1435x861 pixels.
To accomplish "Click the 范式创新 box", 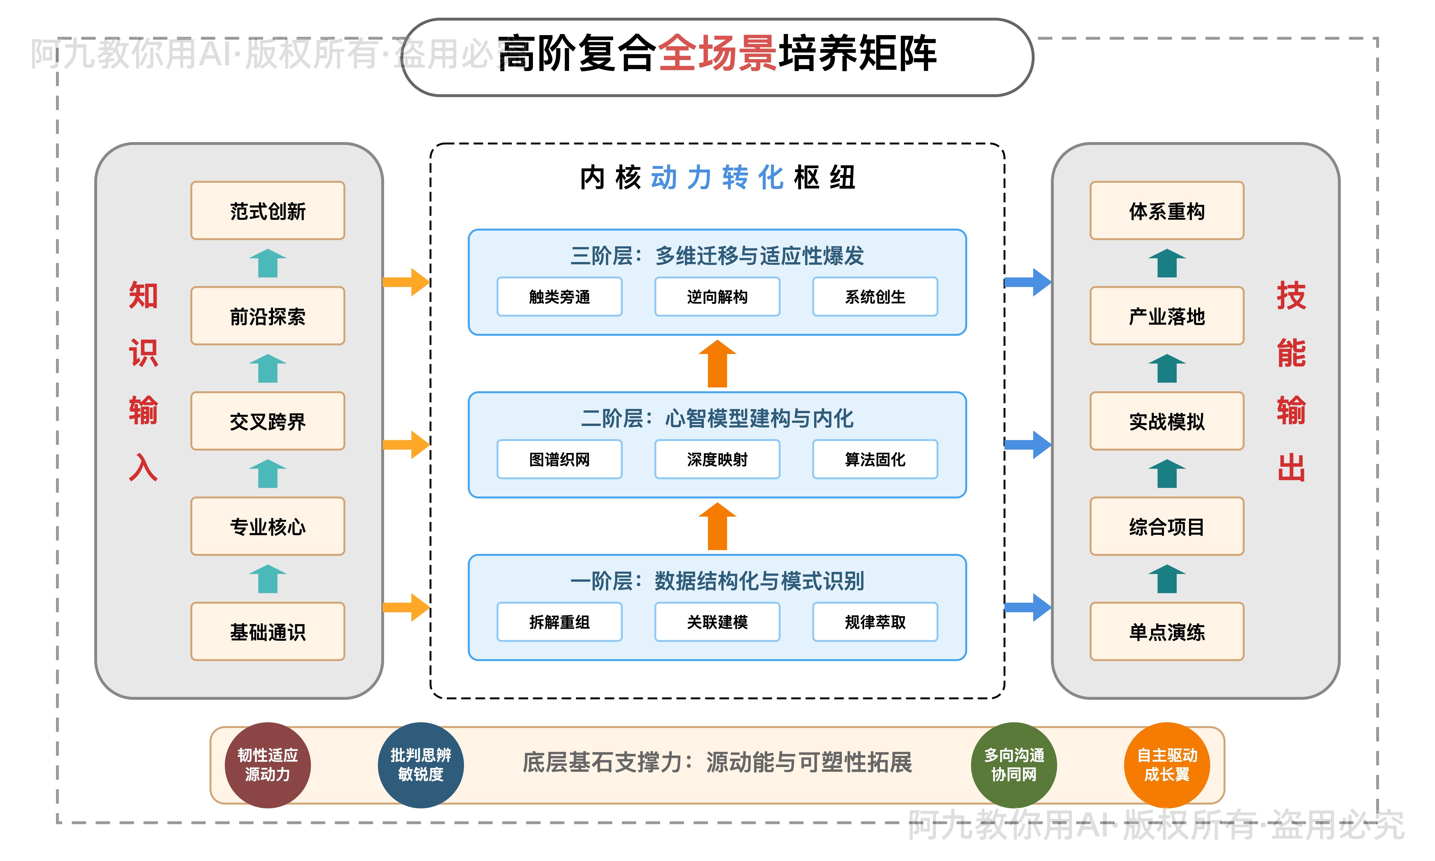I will [x=267, y=211].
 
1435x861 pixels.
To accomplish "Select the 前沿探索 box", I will [x=267, y=316].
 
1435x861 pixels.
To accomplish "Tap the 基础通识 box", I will [x=267, y=631].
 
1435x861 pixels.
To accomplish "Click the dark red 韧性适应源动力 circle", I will [x=267, y=765].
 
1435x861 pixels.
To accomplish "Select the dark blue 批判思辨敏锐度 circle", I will [x=420, y=765].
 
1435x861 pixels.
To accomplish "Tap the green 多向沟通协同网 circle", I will [x=1014, y=765].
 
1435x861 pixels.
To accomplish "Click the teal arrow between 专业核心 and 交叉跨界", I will [x=267, y=474].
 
